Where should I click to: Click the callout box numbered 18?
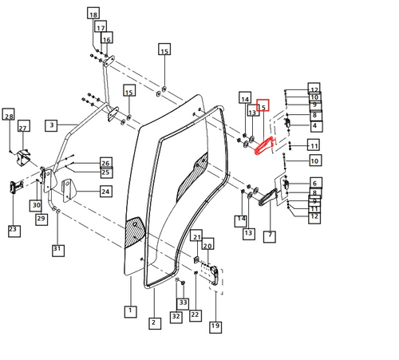93,15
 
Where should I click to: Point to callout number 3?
50,125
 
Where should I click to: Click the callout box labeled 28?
9,117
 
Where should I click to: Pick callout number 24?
105,192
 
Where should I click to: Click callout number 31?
57,250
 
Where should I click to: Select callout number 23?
13,230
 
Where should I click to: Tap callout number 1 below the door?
128,310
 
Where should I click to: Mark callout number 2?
152,322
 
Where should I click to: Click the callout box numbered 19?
215,326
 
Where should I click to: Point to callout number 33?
183,303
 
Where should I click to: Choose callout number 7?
271,236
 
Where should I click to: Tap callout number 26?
105,163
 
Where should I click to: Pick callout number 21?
197,236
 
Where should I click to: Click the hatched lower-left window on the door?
132,233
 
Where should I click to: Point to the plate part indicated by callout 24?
69,192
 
